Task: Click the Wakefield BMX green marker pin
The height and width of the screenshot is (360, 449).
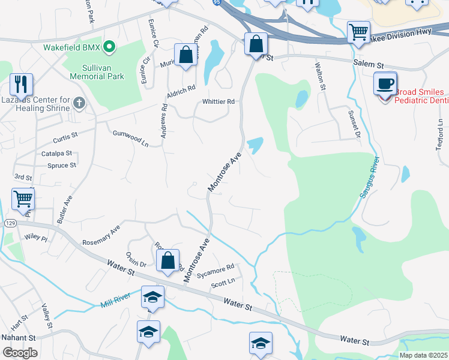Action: click(x=109, y=46)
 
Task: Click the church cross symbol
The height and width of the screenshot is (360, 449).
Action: click(x=79, y=104)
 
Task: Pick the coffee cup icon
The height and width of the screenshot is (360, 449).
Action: click(x=385, y=83)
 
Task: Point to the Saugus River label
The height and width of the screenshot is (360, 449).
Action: click(x=368, y=181)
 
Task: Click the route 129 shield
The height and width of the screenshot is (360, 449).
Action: click(x=10, y=223)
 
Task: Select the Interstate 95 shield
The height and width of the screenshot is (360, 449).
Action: click(x=216, y=3)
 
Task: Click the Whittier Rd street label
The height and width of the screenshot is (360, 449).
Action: click(x=218, y=102)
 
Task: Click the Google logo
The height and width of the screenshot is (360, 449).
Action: click(x=20, y=352)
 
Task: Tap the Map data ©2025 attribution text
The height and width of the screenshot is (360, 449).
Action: click(x=423, y=355)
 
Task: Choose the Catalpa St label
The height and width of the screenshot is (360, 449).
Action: click(x=56, y=154)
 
